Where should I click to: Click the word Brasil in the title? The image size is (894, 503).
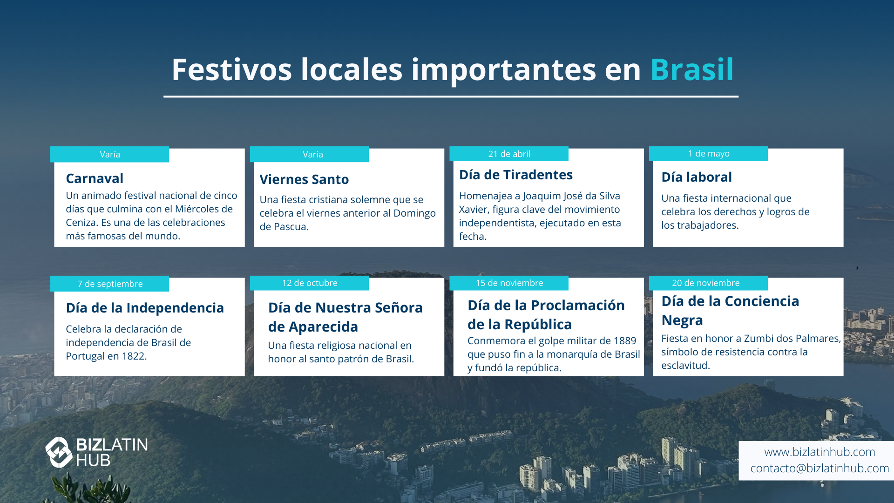[x=692, y=70]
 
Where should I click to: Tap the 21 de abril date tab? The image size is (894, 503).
[x=509, y=154]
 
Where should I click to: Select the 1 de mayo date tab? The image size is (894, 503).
[x=708, y=154]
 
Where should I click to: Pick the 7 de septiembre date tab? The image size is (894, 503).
[x=109, y=284]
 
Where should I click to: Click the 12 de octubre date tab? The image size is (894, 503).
[x=309, y=283]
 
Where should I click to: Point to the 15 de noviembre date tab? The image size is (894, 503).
[x=509, y=283]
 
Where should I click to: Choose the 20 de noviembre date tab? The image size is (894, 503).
[x=708, y=283]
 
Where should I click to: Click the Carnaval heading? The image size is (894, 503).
[x=95, y=178]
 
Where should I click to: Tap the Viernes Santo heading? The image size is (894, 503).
[x=304, y=179]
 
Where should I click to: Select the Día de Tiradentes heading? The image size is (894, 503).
[x=516, y=175]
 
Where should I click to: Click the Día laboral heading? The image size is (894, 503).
[x=697, y=177]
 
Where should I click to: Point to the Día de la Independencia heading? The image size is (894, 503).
[x=145, y=308]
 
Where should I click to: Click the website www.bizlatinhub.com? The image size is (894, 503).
[x=819, y=452]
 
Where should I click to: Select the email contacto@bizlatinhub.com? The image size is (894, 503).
[x=819, y=469]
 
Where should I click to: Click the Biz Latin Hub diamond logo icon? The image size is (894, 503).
[x=59, y=452]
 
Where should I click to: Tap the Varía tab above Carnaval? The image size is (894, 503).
[x=109, y=155]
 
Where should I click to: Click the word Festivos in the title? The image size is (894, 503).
[x=231, y=70]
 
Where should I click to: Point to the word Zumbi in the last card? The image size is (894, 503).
[x=758, y=339]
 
